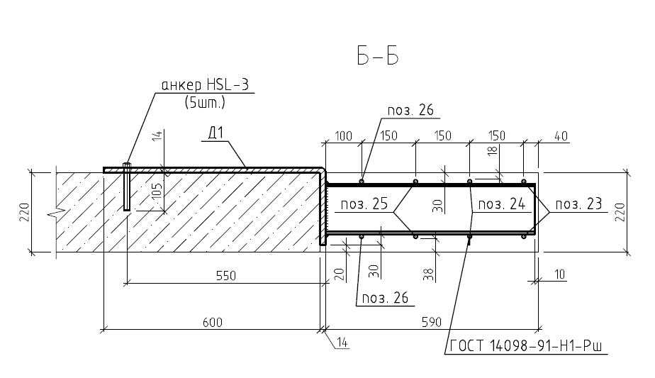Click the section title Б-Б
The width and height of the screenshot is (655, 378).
[x=378, y=55]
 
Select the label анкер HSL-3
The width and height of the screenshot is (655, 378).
[x=205, y=85]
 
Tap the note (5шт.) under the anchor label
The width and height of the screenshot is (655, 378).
[x=205, y=102]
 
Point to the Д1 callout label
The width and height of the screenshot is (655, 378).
[x=216, y=133]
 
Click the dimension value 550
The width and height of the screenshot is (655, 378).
[x=226, y=276]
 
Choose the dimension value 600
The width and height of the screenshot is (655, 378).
[x=213, y=323]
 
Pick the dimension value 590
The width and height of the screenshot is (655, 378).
[x=431, y=323]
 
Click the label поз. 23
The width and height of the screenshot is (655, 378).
[x=578, y=204]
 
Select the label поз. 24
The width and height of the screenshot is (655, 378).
[x=501, y=204]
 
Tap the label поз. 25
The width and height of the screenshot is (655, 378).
[x=364, y=204]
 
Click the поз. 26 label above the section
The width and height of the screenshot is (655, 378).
[x=410, y=110]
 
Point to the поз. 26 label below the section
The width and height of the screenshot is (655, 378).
[x=385, y=298]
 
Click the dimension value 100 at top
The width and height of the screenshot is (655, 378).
[x=343, y=136]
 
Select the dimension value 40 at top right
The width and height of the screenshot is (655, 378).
[x=561, y=136]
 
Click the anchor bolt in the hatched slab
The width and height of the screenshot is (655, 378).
[x=127, y=187]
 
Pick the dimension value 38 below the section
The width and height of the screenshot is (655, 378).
[x=429, y=274]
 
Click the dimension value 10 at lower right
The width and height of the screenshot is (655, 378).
[x=559, y=274]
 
